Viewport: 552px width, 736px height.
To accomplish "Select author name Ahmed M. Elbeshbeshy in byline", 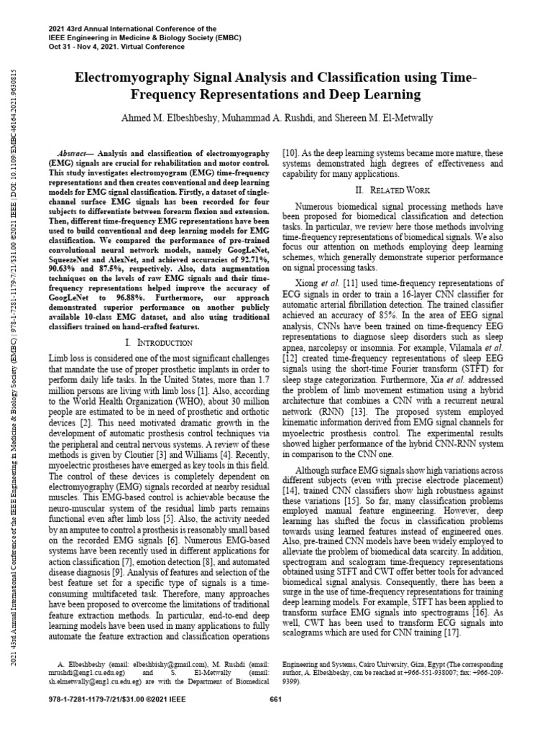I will pyautogui.click(x=164, y=117).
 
